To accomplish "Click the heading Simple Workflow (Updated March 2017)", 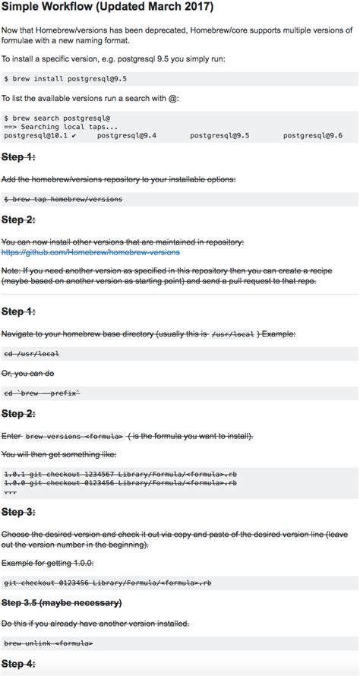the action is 107,7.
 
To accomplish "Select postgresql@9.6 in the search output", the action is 312,135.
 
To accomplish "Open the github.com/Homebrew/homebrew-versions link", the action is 90,251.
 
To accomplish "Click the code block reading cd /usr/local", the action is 32,354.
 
